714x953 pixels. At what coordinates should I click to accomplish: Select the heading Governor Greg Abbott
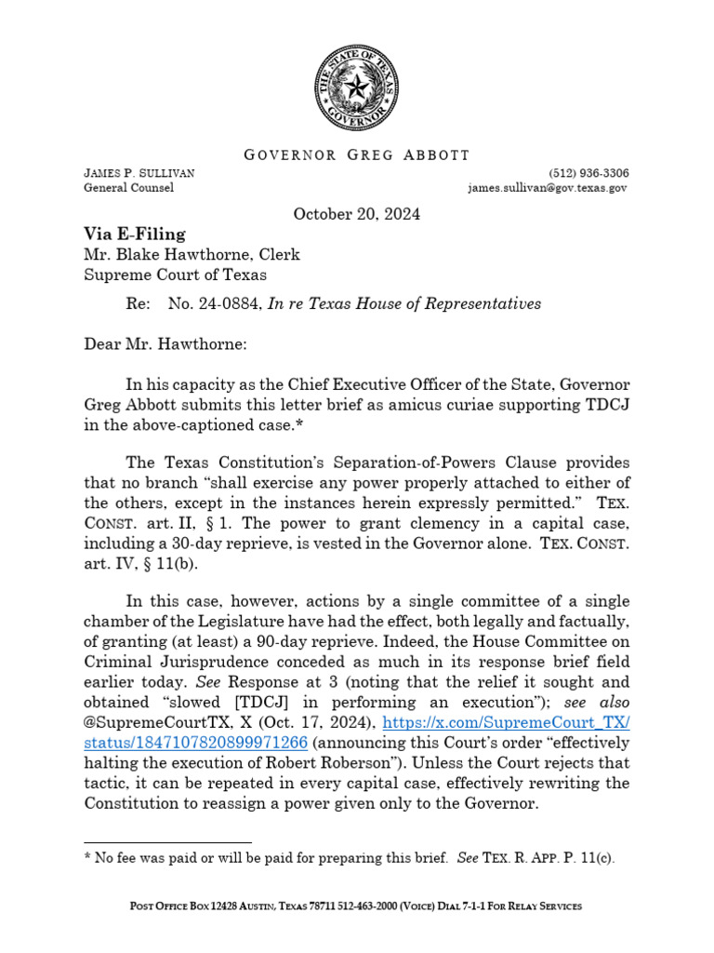(x=357, y=154)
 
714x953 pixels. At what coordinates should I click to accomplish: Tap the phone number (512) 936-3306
(x=588, y=173)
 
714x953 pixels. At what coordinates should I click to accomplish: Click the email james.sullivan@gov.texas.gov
(x=548, y=188)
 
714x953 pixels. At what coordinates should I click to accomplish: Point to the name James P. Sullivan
(x=139, y=173)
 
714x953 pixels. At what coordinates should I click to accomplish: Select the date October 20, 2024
(x=357, y=214)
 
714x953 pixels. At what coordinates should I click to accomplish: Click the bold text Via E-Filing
(x=135, y=235)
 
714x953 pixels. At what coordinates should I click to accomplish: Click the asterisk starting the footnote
(x=86, y=859)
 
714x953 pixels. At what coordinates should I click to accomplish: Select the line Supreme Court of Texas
(x=176, y=275)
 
